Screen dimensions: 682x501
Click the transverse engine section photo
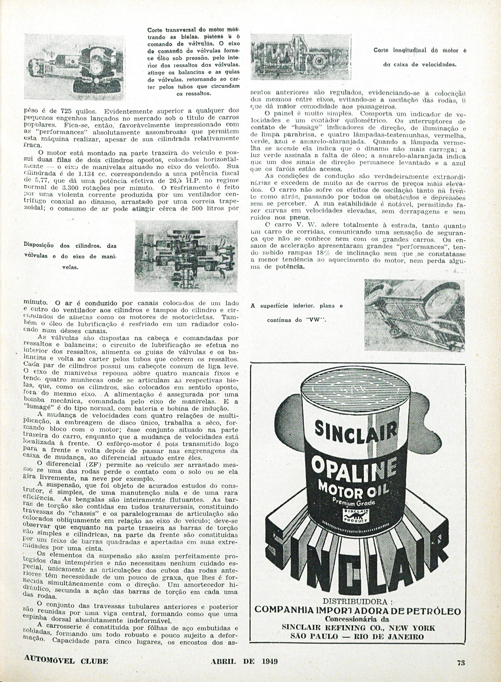75,67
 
